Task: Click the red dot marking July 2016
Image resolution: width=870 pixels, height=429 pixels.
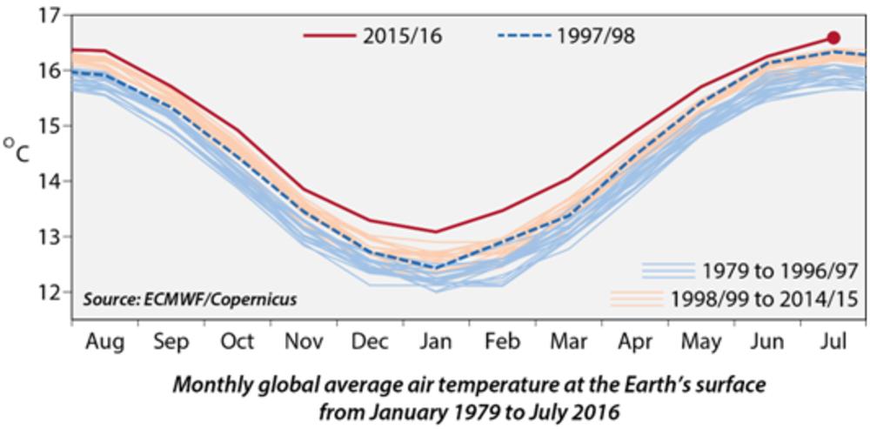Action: (x=833, y=37)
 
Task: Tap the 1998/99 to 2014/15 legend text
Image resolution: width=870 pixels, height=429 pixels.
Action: (x=765, y=298)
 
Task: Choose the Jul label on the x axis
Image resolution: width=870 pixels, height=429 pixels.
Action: (x=833, y=341)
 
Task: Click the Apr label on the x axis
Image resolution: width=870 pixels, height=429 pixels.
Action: (x=633, y=341)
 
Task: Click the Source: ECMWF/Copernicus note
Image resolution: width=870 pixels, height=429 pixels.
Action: (x=191, y=299)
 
